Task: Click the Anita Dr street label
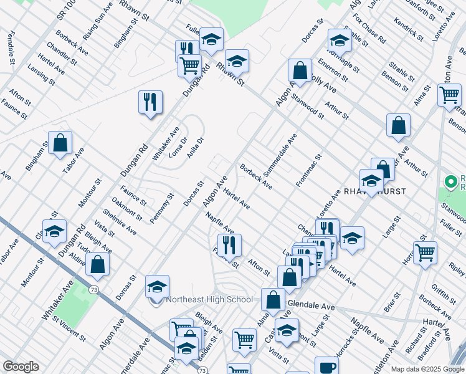[195, 148]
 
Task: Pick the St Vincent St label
[69, 330]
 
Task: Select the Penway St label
[161, 208]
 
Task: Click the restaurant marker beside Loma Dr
[150, 102]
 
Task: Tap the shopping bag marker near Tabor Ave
[60, 143]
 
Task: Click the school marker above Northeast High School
[158, 287]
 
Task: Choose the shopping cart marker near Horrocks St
[425, 252]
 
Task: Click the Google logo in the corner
[21, 367]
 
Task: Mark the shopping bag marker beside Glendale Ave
[273, 300]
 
